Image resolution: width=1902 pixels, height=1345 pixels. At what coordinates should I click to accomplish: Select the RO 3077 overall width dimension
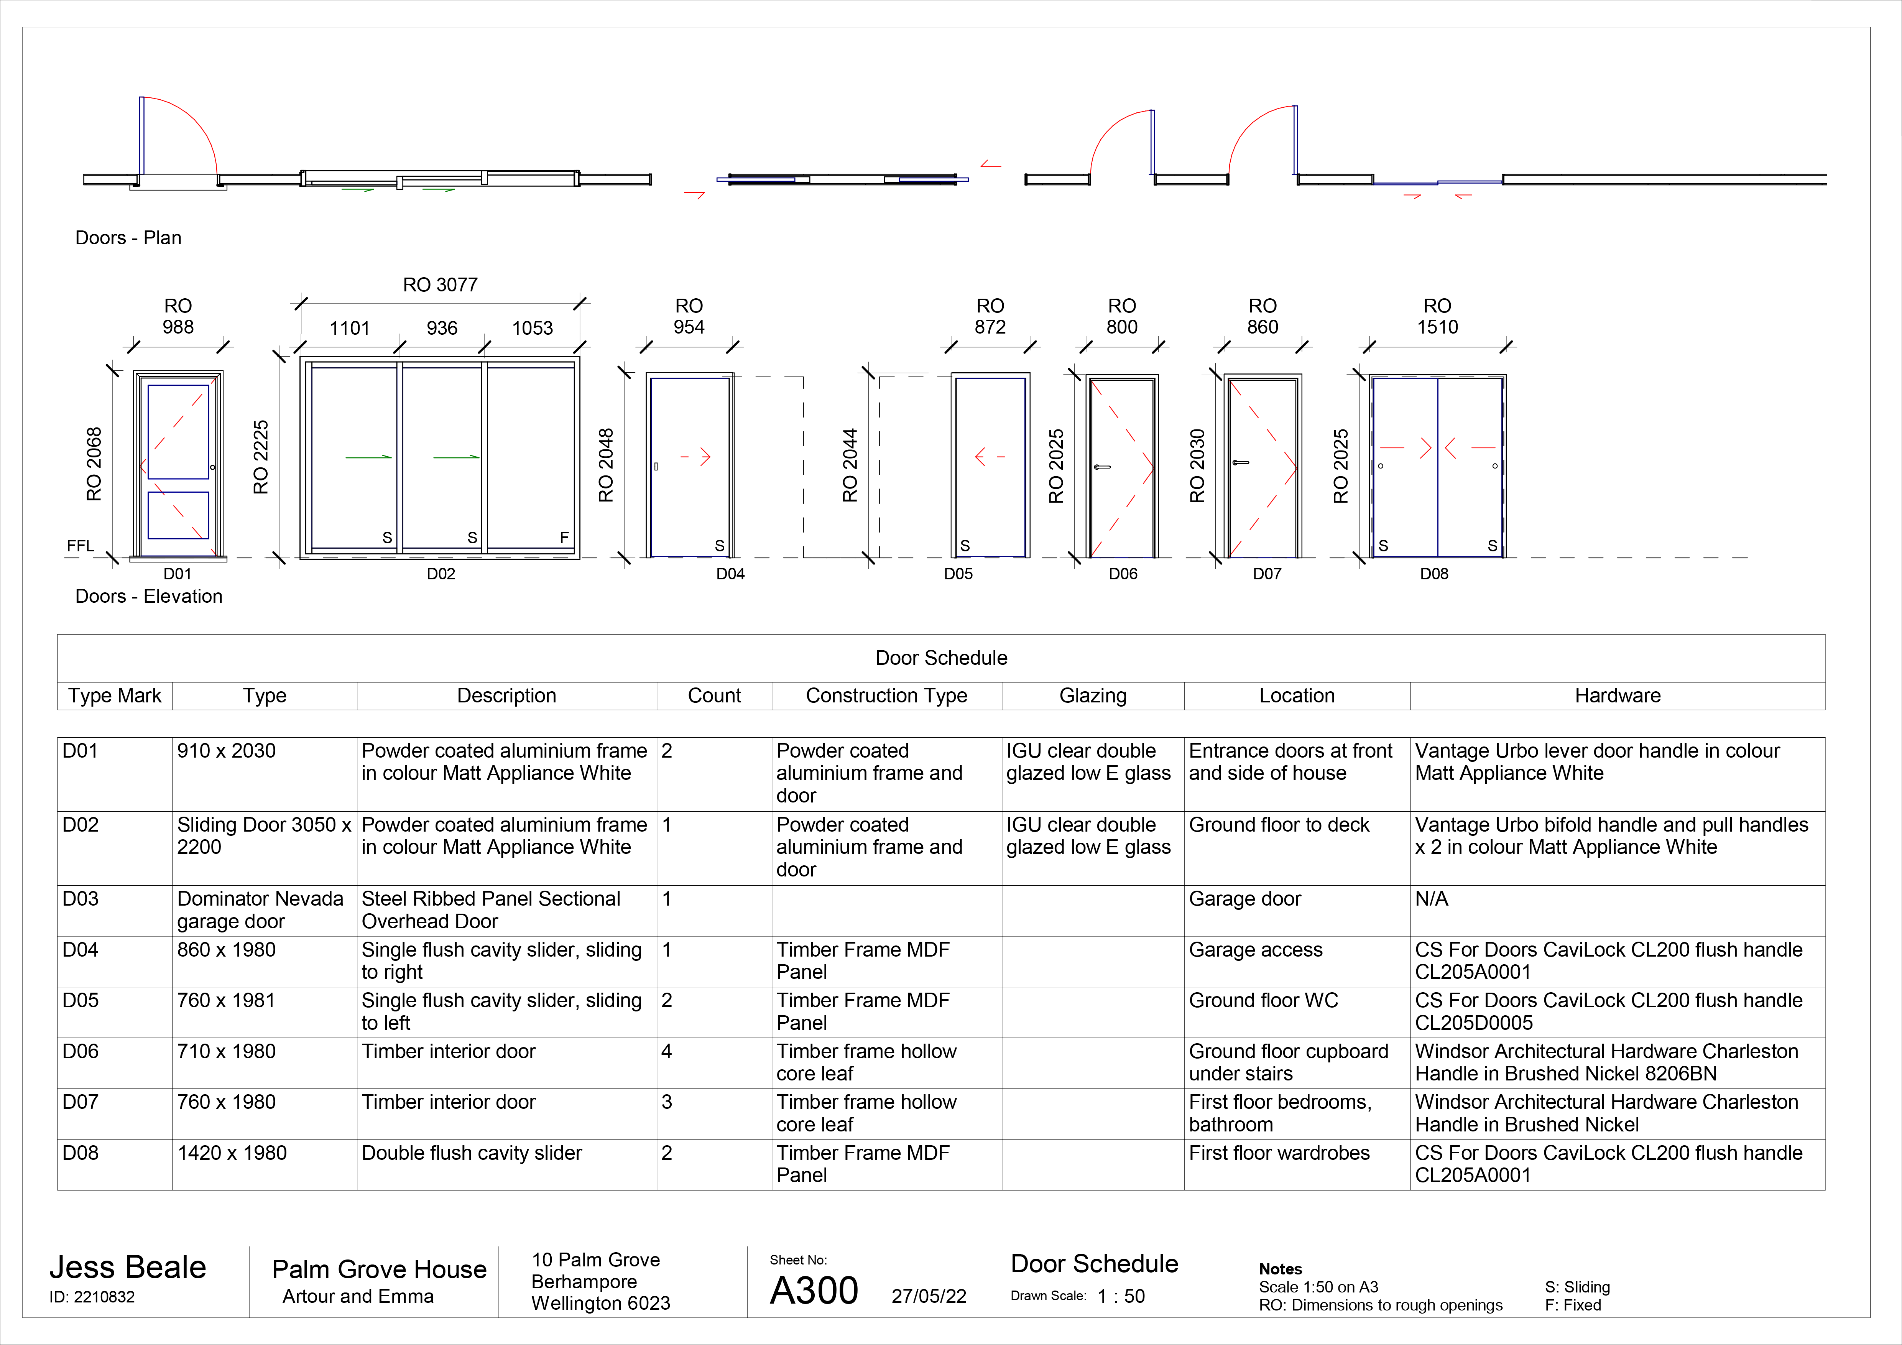440,285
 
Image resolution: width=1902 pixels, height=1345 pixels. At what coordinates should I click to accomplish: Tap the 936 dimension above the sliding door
442,328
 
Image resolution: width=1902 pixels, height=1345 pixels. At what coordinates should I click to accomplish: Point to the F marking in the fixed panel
564,538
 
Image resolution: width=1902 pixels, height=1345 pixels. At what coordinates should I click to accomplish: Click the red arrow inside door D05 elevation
989,456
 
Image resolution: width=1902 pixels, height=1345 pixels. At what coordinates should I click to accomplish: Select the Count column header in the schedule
714,696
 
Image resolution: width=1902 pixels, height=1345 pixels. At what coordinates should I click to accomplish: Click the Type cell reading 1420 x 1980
232,1153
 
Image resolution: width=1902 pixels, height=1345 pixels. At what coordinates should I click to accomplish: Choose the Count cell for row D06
667,1052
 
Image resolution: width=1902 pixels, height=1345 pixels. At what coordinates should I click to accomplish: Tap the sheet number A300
814,1290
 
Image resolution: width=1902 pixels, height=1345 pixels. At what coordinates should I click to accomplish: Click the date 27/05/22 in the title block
929,1296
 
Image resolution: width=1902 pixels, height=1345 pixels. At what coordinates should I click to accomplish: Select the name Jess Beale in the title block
128,1267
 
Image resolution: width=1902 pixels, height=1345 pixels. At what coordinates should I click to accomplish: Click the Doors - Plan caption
128,238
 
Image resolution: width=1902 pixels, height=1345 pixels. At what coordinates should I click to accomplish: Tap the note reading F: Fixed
1572,1305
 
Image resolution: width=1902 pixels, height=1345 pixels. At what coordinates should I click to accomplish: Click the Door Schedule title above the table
941,658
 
